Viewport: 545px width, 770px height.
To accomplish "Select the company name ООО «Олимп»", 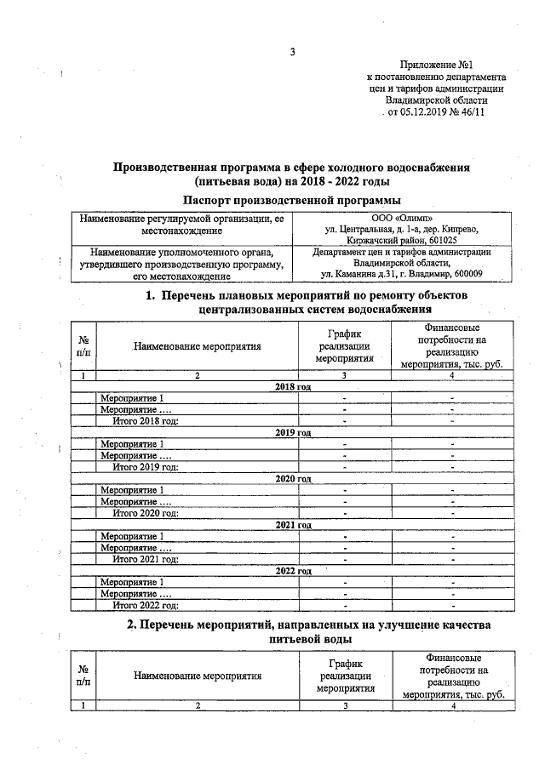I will (401, 218).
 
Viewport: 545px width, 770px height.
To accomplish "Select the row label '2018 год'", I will (293, 386).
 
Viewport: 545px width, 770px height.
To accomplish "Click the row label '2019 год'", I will (293, 432).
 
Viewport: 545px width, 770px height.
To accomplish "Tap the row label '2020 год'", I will (293, 478).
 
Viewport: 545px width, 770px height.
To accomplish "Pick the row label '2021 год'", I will (293, 524).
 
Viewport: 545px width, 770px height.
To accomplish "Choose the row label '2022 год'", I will (293, 570).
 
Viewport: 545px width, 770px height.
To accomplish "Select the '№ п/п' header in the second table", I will (83, 676).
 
